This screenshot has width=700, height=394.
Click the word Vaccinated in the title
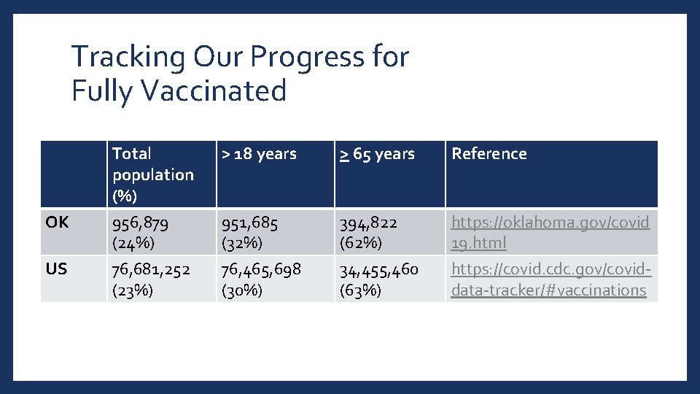[x=215, y=91]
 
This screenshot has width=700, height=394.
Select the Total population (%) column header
[x=153, y=174]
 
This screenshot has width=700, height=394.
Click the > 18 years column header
[x=259, y=154]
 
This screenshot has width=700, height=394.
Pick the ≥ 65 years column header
[x=377, y=154]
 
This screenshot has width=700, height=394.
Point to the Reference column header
[x=489, y=154]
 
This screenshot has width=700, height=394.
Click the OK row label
[x=57, y=223]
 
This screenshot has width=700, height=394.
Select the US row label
[x=56, y=269]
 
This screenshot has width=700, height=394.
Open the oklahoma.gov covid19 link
[x=550, y=232]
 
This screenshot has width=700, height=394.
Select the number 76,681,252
[x=151, y=269]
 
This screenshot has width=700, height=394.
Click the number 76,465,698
[x=261, y=269]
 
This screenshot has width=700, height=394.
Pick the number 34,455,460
[x=378, y=270]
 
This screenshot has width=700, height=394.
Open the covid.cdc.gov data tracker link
[x=551, y=279]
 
